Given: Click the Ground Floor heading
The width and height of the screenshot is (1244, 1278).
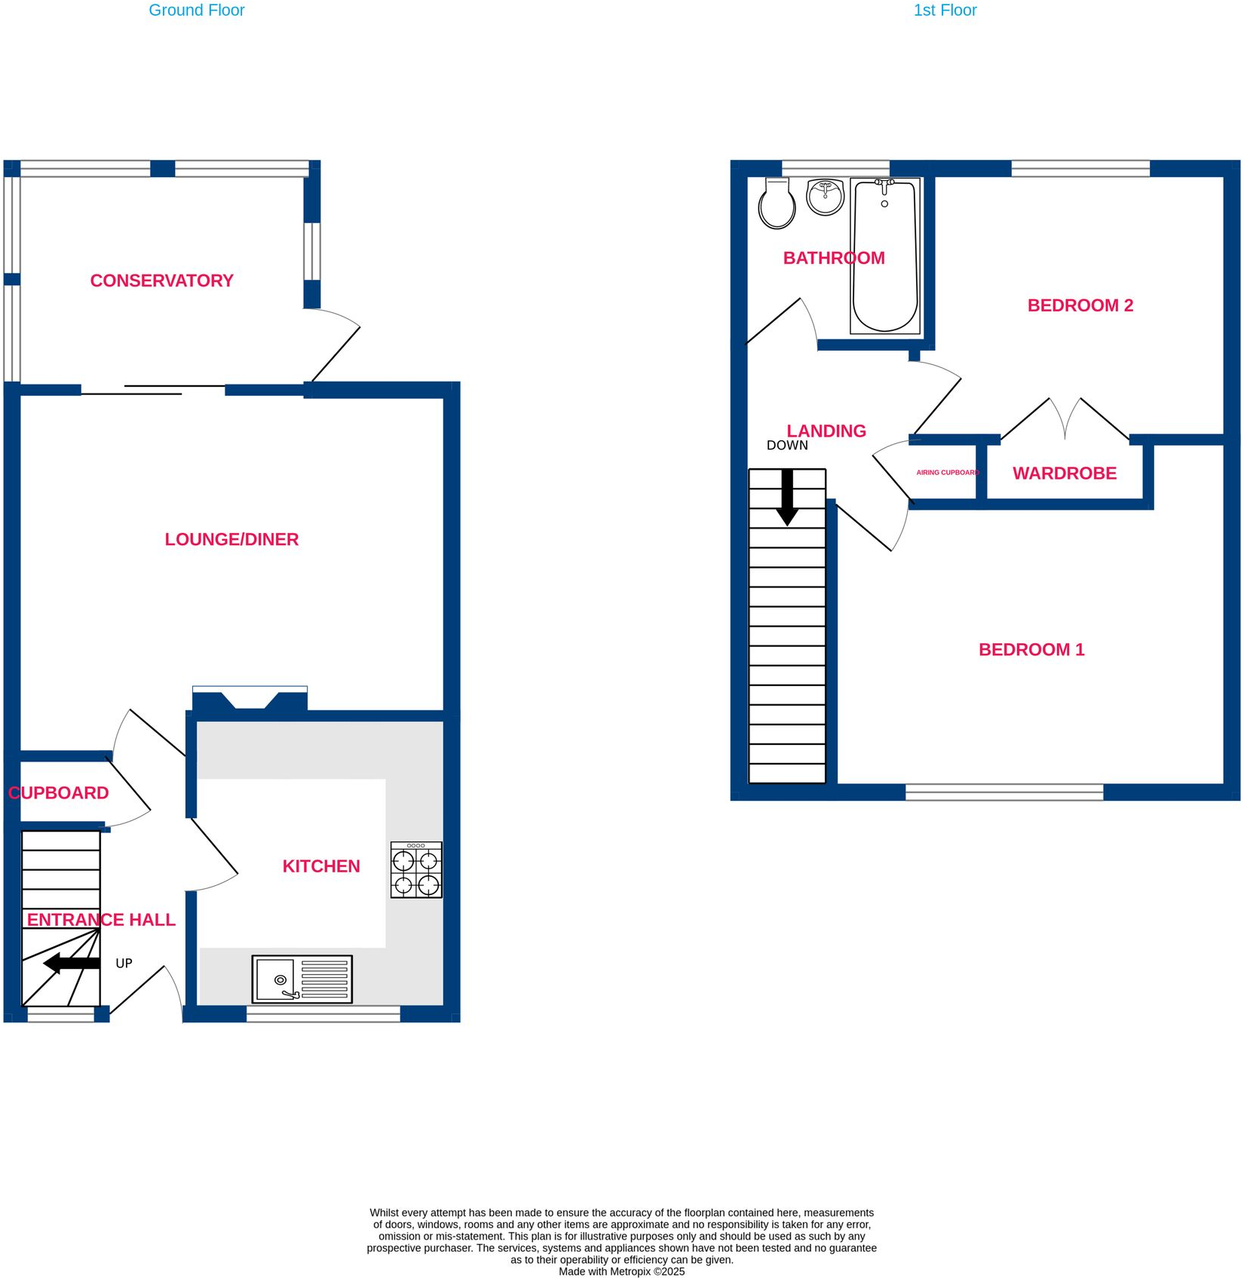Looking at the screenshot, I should point(196,11).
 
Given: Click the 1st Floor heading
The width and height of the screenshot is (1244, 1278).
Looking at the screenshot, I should point(945,11).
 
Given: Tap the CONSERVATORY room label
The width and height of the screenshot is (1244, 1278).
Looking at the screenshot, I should point(161,280).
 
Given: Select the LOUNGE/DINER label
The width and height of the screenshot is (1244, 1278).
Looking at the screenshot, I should point(231,539).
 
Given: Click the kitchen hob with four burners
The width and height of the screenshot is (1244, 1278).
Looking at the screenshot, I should point(416,870).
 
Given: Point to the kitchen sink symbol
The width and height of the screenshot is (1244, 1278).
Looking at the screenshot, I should point(302,979).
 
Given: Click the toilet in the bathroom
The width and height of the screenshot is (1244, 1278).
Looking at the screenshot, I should point(777,204).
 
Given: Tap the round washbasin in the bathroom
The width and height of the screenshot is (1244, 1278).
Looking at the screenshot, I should point(825,197).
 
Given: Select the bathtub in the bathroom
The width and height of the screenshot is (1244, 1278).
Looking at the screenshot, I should point(884,256).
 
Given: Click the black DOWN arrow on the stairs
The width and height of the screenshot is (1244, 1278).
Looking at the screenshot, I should point(787,498).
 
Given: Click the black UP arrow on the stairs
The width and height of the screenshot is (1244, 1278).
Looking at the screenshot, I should point(72,963).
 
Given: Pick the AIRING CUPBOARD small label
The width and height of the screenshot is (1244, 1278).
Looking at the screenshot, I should point(947,473).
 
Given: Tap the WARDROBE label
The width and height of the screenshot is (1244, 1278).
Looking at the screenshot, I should point(1064,474).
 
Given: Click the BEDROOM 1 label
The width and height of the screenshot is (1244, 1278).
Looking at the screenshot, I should point(1031,650).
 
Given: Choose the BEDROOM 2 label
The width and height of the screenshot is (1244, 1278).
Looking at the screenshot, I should point(1080,305).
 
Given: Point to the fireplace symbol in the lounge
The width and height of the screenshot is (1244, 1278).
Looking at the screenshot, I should point(250,699).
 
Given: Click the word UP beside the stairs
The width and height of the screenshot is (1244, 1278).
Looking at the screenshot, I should point(124,964).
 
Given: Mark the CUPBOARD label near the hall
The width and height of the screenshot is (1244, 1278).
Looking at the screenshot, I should point(59,793).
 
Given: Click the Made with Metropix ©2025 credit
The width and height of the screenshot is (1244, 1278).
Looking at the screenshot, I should point(621,1271).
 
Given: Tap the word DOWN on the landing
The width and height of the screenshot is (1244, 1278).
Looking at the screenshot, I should point(787,446).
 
